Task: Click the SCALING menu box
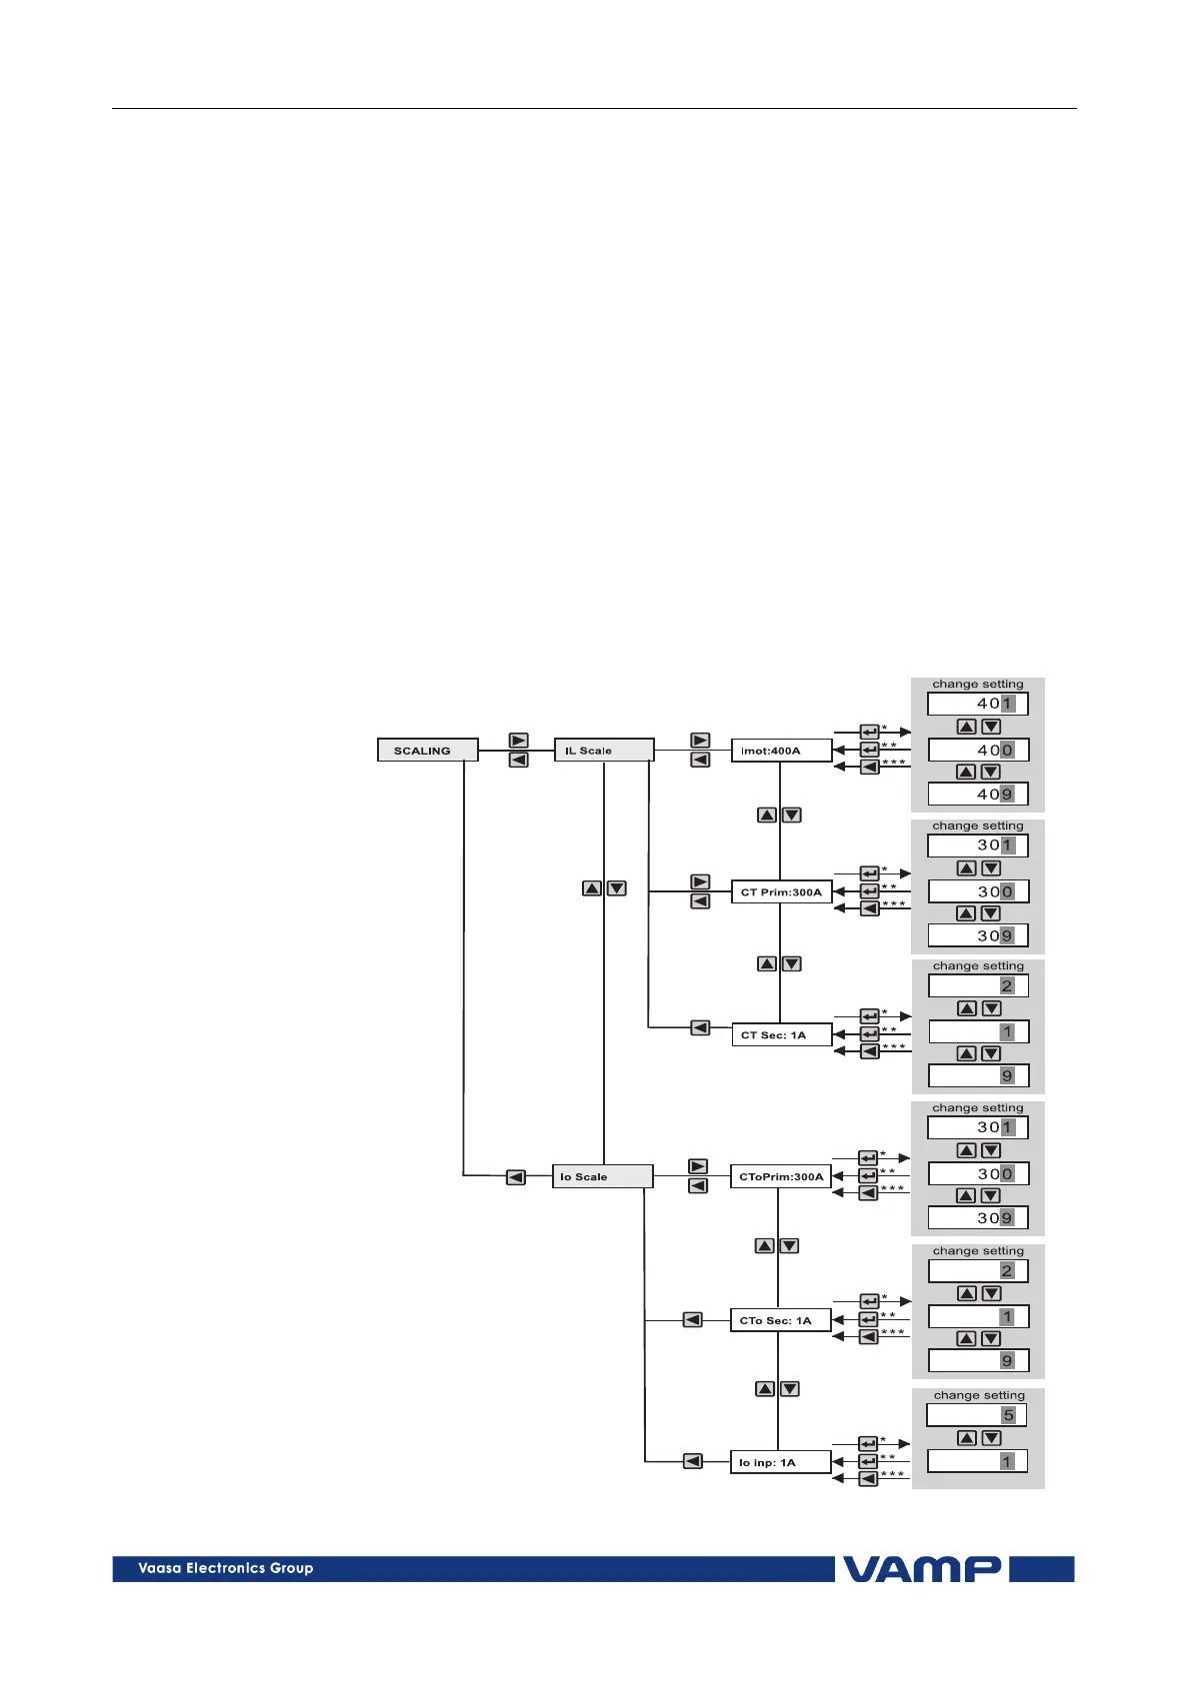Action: coord(427,751)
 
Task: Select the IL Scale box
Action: coord(604,751)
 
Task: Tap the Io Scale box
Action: coord(602,1177)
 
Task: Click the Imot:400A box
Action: coord(781,751)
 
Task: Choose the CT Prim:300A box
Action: coord(781,892)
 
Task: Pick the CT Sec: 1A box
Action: coord(781,1035)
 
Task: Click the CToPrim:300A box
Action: coord(781,1177)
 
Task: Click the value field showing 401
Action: coord(977,704)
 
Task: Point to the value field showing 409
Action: coord(977,795)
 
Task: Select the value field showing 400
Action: coord(977,751)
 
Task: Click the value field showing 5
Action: coord(977,1415)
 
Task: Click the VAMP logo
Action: coord(922,1569)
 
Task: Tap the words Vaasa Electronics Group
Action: coord(226,1568)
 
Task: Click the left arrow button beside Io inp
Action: coord(692,1461)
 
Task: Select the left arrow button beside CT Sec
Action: coord(700,1027)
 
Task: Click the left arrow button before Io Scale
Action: coord(515,1177)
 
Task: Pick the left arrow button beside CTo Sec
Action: coord(692,1320)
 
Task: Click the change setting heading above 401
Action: coord(977,685)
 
